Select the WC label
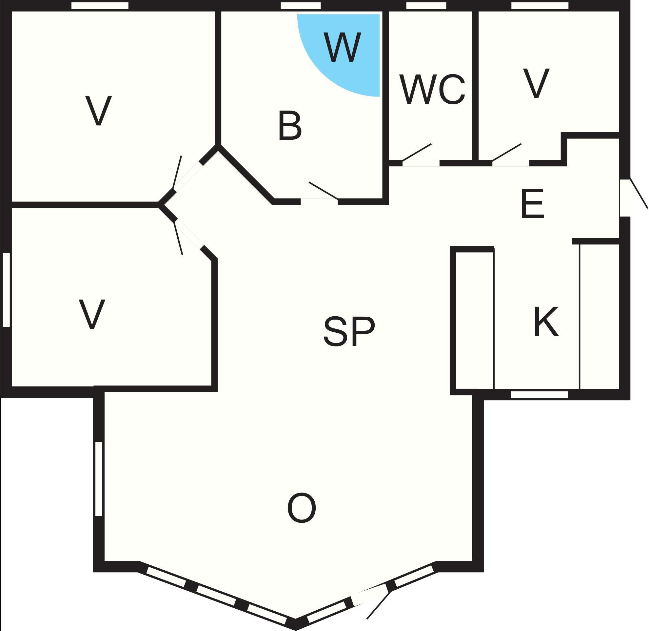(x=432, y=89)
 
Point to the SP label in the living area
(x=349, y=331)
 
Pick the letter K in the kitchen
(x=546, y=322)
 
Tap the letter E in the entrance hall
(x=532, y=203)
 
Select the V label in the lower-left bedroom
(x=92, y=314)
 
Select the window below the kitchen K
(x=539, y=395)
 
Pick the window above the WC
(x=426, y=6)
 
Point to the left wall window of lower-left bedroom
(x=6, y=290)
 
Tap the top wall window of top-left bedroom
(x=100, y=6)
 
